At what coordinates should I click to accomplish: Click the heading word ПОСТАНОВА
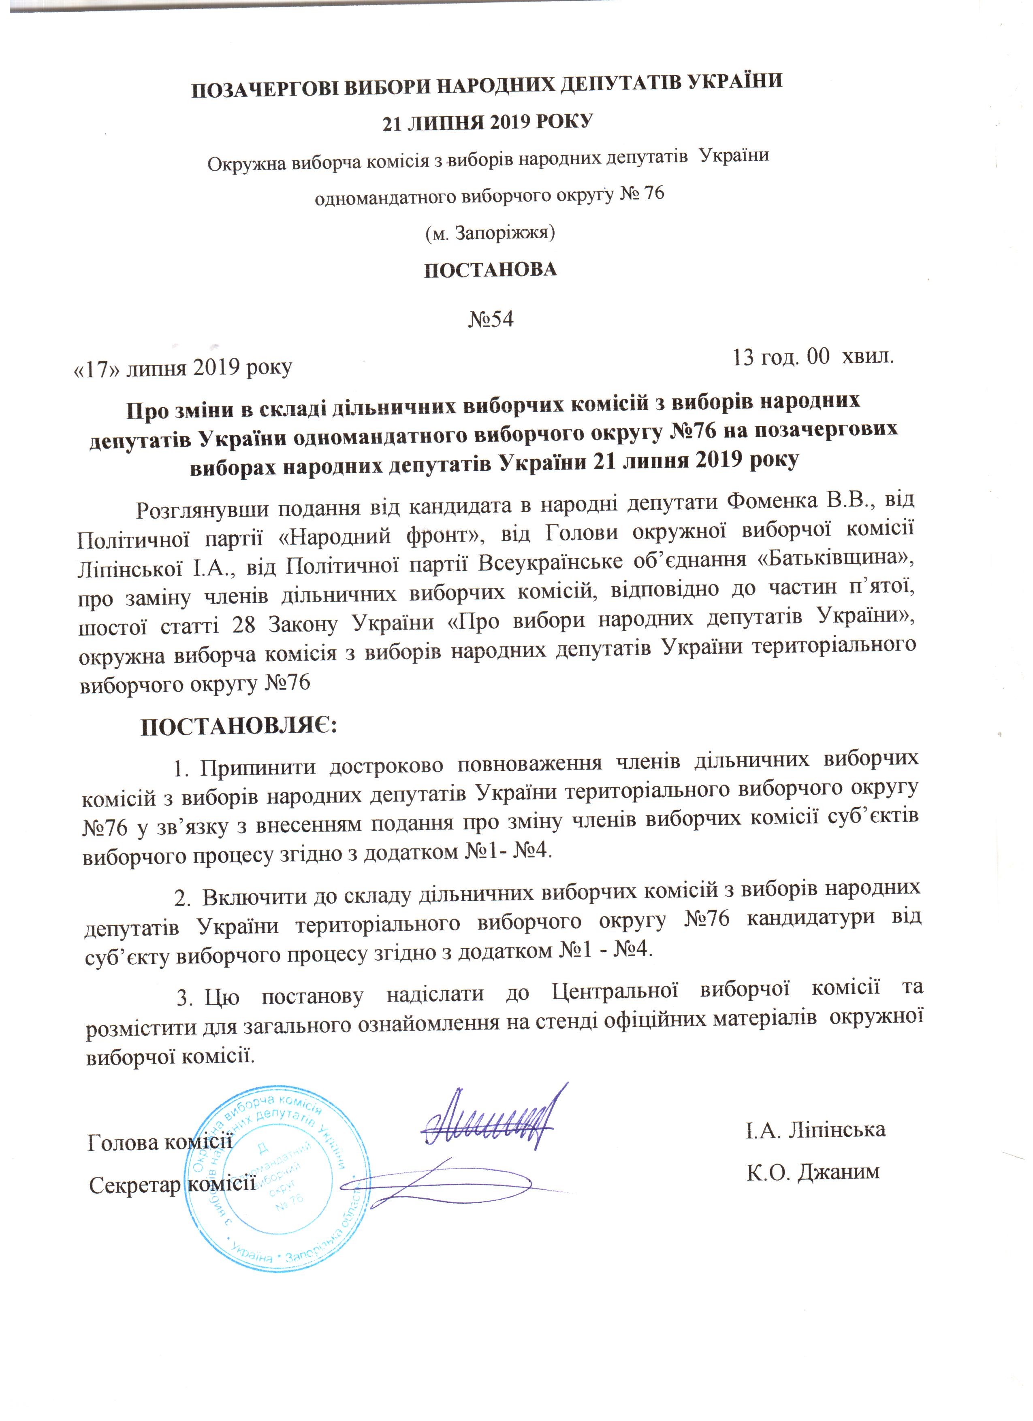(x=491, y=270)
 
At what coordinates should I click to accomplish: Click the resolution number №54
(x=491, y=319)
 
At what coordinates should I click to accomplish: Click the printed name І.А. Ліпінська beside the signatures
(x=815, y=1129)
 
